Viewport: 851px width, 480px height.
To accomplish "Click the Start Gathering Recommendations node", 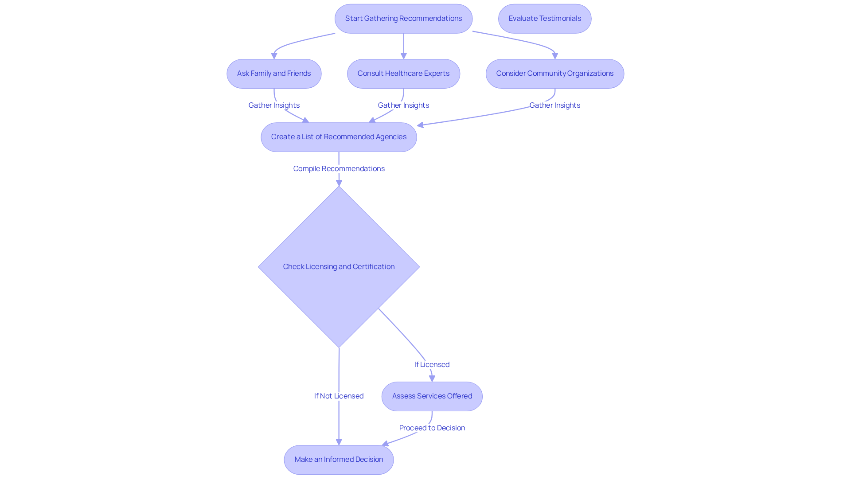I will tap(403, 19).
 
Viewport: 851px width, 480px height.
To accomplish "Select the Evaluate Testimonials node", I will tap(544, 19).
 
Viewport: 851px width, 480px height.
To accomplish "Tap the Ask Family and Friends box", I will tap(274, 74).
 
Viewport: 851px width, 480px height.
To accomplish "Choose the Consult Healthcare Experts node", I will tap(403, 74).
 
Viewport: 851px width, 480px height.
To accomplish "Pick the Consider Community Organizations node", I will tap(554, 74).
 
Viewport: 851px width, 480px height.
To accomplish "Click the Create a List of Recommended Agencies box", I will tap(339, 137).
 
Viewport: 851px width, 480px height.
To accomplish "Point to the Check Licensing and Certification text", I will tap(339, 266).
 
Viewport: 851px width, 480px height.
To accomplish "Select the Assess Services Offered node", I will tap(432, 396).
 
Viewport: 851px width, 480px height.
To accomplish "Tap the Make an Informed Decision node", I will tap(339, 460).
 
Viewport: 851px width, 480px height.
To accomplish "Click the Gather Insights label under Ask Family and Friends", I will tap(274, 105).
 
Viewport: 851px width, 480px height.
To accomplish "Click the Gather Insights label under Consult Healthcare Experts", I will tap(403, 105).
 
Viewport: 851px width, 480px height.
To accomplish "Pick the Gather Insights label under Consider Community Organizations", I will tap(554, 105).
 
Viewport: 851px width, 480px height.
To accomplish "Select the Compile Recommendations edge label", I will tap(339, 168).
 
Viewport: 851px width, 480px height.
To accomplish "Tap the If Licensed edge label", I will tap(432, 364).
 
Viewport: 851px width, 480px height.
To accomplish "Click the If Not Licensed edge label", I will tap(339, 396).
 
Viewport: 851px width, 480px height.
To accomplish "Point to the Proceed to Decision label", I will tap(432, 428).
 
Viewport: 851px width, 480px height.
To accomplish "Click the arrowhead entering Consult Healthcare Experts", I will tap(403, 56).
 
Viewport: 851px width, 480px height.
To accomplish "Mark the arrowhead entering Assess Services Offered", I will tap(432, 379).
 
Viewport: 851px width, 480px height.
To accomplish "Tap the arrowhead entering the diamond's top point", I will tap(339, 183).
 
